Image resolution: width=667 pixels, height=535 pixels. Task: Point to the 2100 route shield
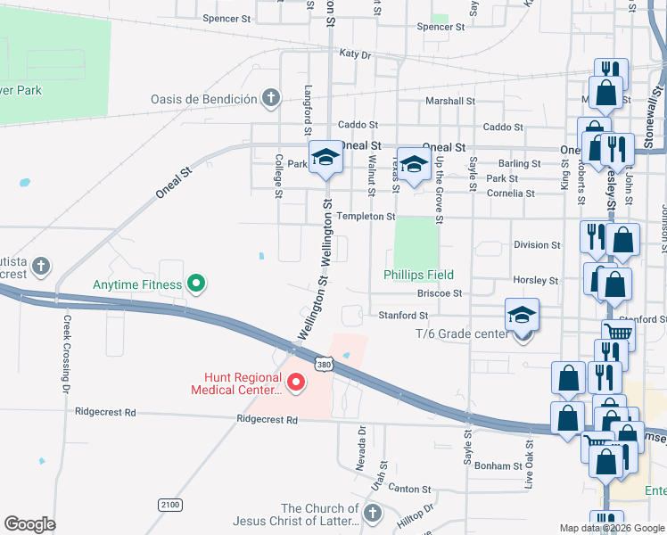point(169,505)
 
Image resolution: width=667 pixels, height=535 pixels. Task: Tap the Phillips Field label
point(418,275)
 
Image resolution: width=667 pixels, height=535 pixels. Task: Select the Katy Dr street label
point(354,54)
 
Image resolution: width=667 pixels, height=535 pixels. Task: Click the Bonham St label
point(498,466)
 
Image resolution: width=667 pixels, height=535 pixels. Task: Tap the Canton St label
point(409,490)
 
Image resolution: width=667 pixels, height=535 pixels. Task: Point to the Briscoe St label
point(439,292)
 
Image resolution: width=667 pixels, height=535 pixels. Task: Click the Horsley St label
point(535,280)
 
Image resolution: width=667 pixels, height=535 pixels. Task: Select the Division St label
point(537,244)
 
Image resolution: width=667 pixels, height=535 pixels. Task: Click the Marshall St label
point(449,101)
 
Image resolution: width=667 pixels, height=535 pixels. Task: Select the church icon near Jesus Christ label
point(373,513)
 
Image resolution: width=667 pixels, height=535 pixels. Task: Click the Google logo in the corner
point(29,524)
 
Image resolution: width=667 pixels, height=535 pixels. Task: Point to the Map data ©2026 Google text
point(612,528)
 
